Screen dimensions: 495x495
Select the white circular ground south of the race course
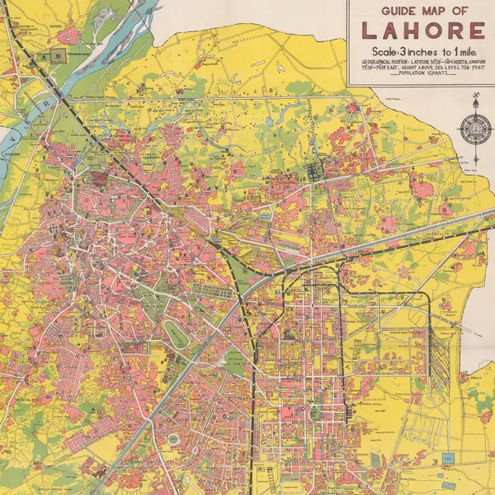click(x=173, y=438)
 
